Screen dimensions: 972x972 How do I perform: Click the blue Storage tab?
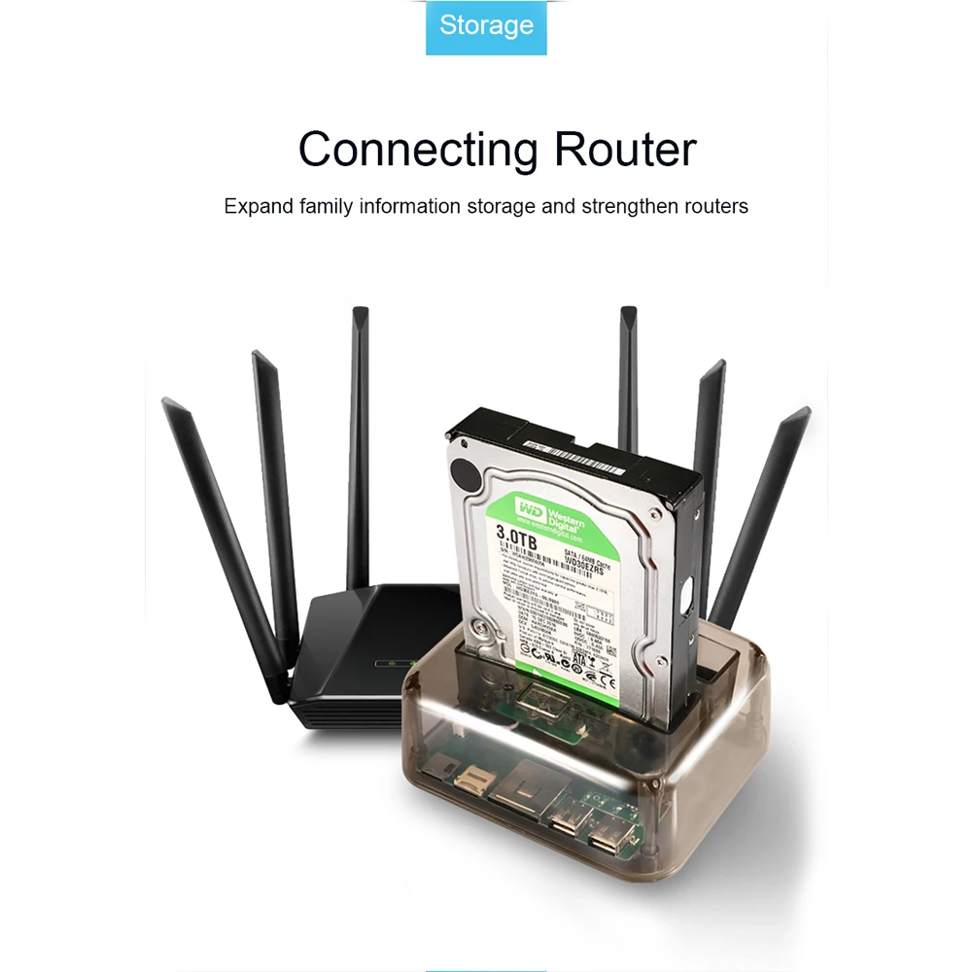[486, 26]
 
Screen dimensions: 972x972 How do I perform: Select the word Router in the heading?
[625, 150]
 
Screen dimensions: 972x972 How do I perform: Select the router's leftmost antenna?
[225, 544]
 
